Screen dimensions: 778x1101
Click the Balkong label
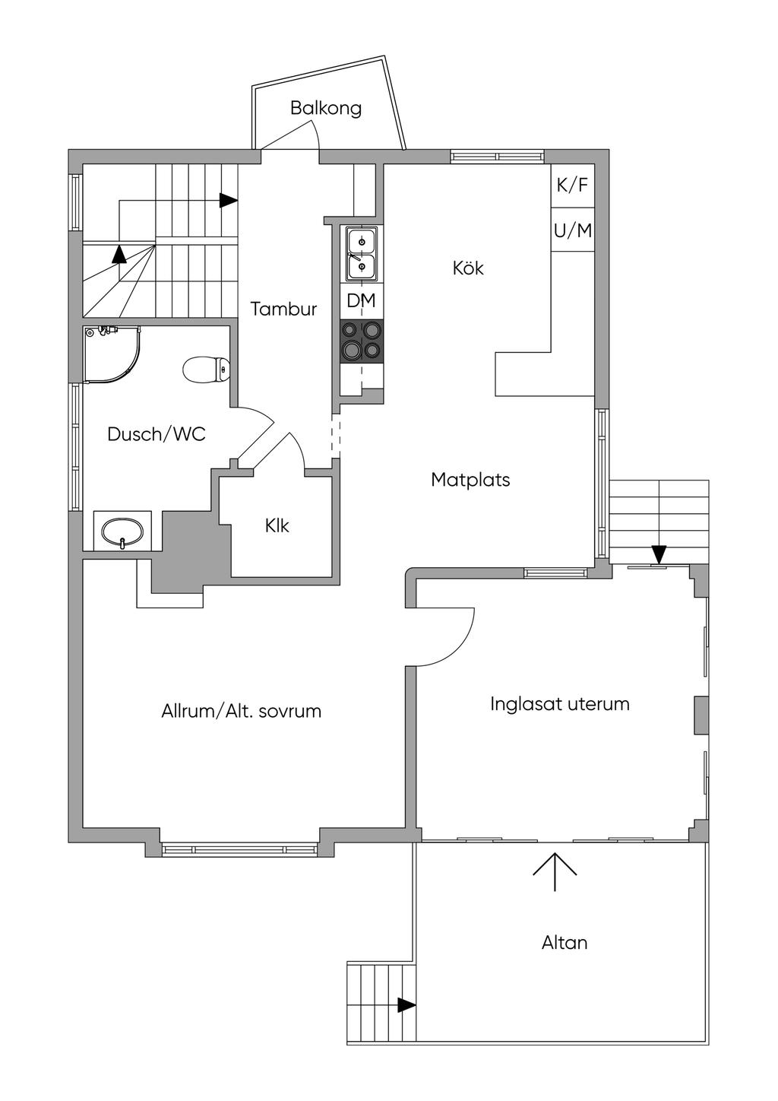[326, 109]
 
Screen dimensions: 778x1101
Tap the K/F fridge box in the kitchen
[572, 186]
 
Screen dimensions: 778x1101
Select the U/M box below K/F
[572, 230]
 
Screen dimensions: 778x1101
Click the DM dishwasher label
[361, 300]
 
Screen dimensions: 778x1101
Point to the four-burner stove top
[362, 341]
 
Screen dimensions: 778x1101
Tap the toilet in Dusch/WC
[206, 369]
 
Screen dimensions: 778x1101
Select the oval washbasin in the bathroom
[122, 531]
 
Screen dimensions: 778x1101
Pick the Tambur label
[283, 309]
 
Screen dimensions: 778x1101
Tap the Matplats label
[470, 479]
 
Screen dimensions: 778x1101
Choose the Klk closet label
[277, 526]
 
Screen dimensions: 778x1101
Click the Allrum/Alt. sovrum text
[241, 711]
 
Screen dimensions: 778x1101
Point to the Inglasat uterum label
[559, 704]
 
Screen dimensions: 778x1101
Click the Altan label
[565, 943]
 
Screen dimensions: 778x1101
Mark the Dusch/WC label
[157, 434]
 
